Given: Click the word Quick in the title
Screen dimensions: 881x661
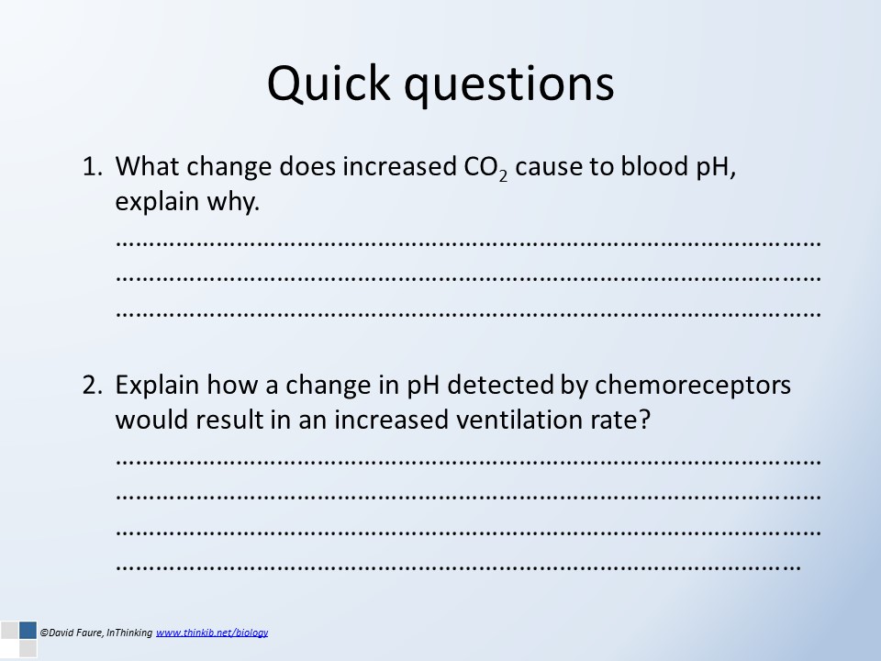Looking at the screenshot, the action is [329, 83].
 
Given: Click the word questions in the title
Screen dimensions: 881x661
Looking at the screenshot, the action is [509, 86].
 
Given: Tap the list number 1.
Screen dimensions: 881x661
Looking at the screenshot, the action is [92, 166].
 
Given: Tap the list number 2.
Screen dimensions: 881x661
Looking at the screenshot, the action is [92, 385].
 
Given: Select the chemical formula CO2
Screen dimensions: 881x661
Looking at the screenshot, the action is [485, 167].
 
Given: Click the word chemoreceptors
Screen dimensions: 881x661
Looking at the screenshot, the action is [693, 386].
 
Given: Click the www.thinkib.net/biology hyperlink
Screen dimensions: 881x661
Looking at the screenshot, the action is [212, 633].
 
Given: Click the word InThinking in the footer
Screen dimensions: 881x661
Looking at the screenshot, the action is [129, 633].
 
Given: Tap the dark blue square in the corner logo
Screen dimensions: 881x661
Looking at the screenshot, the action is [28, 630].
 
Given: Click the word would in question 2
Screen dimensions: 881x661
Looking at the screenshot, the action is [151, 420].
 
